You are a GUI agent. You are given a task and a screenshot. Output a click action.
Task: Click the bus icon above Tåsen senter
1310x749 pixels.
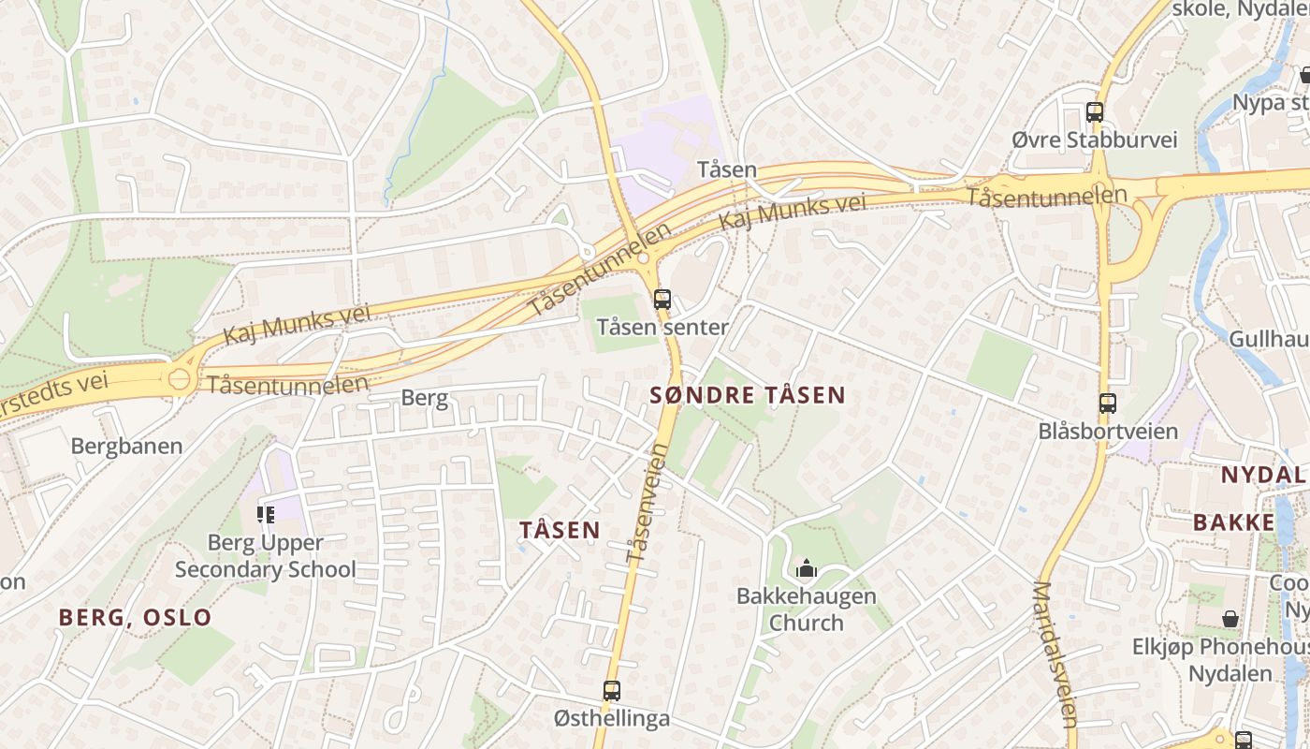(662, 300)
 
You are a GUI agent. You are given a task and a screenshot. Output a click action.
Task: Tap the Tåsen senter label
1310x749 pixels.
(662, 328)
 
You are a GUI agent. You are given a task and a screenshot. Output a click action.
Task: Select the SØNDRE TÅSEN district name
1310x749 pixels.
(748, 395)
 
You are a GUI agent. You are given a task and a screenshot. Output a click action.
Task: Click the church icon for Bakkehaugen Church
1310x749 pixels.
(806, 567)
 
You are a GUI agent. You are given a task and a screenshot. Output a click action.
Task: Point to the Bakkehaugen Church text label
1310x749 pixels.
(806, 609)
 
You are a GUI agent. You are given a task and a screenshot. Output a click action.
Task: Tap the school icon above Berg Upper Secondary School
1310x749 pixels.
(266, 514)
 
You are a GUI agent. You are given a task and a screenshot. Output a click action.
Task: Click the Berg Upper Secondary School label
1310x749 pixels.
(266, 556)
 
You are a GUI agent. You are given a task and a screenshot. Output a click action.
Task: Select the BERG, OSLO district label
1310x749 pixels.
(136, 617)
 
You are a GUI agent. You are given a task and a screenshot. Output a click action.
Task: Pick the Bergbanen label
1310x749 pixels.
(126, 446)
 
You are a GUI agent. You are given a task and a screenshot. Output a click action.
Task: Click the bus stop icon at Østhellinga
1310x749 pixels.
(612, 691)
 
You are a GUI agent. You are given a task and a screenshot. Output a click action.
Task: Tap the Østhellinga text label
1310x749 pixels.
(612, 719)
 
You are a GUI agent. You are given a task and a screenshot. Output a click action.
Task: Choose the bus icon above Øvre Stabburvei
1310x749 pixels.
(1095, 112)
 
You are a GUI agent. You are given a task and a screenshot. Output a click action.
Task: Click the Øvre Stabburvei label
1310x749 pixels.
(1095, 140)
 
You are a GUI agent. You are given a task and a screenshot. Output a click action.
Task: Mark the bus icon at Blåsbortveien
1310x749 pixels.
(1108, 404)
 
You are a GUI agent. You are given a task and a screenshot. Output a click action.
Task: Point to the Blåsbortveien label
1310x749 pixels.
(1108, 432)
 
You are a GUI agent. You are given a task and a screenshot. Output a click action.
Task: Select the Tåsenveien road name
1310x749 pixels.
(647, 504)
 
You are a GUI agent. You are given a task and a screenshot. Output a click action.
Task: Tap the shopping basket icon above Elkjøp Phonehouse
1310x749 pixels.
(1230, 619)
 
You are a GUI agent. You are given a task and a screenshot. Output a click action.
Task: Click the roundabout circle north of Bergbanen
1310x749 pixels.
(180, 380)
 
